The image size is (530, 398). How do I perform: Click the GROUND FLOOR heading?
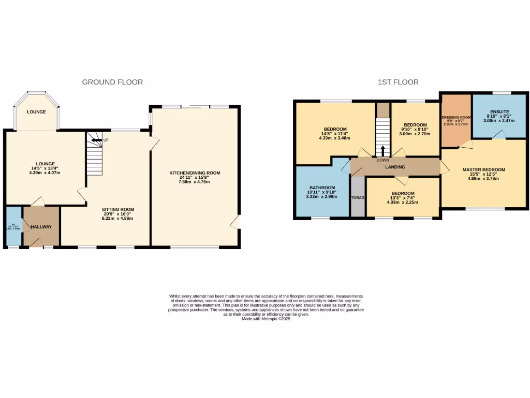tap(112, 82)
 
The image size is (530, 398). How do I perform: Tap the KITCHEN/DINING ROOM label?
tap(195, 173)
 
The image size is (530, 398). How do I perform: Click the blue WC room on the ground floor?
tap(14, 226)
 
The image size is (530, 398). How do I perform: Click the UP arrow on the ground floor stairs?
tap(96, 139)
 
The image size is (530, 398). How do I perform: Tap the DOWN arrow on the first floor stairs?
tap(382, 151)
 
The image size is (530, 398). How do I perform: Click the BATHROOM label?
tap(322, 188)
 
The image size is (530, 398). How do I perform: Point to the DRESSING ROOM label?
tap(455, 118)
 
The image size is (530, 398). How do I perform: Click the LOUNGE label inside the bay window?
tap(36, 112)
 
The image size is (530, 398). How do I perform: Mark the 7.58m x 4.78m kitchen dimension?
tap(195, 182)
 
